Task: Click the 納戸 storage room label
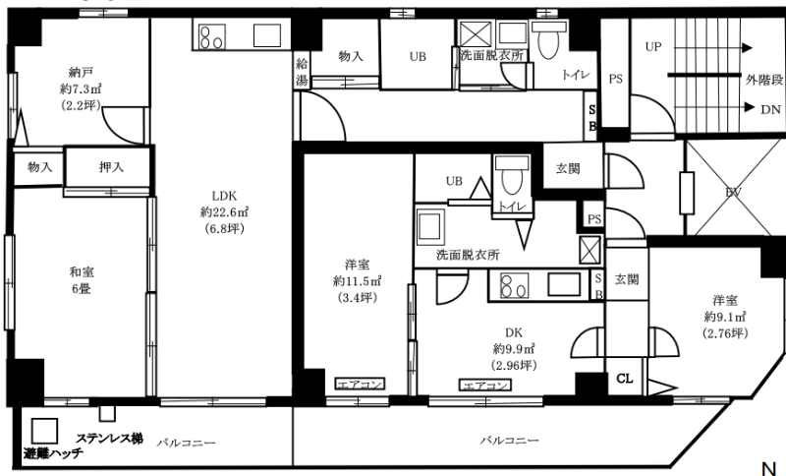point(81,73)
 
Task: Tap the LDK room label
point(224,196)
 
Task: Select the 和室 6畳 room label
point(82,280)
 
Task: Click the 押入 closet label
point(111,167)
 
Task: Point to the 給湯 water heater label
point(302,71)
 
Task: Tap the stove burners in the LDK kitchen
point(211,37)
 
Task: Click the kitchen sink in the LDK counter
point(267,35)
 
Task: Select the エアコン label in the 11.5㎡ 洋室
point(360,385)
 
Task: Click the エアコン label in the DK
point(484,386)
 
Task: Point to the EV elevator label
point(733,192)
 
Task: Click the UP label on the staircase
point(653,46)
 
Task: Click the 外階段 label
point(764,80)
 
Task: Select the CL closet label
point(625,379)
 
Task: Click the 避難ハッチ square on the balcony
point(44,431)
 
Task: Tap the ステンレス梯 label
point(109,439)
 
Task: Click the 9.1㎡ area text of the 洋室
point(725,317)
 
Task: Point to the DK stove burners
point(515,285)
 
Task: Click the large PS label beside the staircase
point(616,79)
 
